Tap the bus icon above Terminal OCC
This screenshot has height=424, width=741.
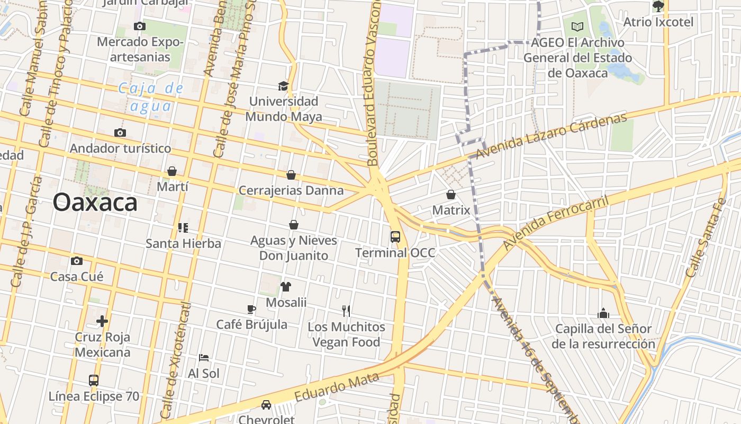point(395,236)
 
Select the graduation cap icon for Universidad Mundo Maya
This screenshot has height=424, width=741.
point(284,86)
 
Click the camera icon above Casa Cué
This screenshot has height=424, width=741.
point(77,261)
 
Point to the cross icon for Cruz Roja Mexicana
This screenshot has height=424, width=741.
point(102,321)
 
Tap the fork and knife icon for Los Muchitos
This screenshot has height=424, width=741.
point(346,311)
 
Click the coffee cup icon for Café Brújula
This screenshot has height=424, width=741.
point(251,309)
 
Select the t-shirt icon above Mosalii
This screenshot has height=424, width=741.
point(286,287)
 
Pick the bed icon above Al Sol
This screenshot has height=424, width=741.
point(204,357)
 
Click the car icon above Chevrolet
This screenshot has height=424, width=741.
point(266,405)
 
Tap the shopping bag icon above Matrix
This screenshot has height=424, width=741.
point(451,195)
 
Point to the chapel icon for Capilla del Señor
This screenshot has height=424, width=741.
point(603,313)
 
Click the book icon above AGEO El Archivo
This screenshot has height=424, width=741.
point(577,26)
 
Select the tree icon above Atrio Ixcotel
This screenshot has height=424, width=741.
point(658,6)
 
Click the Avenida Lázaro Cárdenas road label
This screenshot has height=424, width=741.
point(550,136)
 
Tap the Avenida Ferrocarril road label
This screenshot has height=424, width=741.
point(555,223)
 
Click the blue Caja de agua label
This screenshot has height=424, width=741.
point(151,97)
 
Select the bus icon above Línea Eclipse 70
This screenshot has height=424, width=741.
point(94,380)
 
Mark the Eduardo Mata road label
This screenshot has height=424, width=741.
point(337,387)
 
